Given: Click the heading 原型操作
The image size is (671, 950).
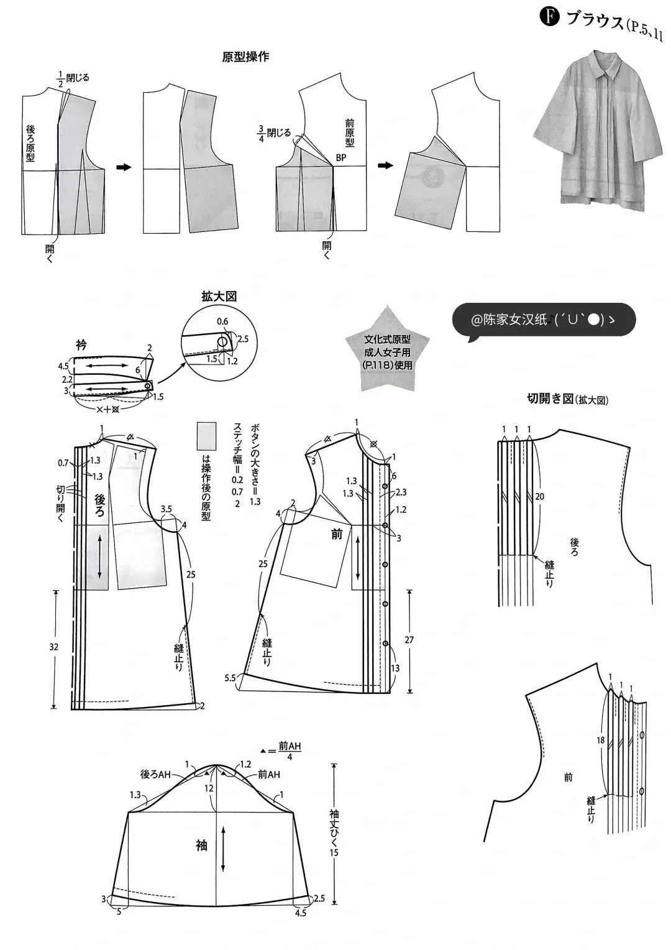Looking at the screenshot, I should click(245, 57).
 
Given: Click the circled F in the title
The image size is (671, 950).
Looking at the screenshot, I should click(550, 17).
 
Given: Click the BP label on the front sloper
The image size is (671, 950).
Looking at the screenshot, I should click(340, 158).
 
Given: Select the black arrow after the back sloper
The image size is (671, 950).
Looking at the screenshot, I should click(124, 167).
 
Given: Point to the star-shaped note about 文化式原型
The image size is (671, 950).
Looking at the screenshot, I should click(387, 352).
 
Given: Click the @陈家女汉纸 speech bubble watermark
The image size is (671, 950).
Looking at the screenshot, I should click(544, 320).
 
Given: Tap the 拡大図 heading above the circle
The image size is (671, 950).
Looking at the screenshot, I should click(219, 297).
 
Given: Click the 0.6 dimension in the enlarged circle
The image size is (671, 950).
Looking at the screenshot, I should click(222, 321).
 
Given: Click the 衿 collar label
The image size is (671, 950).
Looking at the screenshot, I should click(81, 344).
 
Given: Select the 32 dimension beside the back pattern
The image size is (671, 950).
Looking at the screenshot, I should click(54, 647).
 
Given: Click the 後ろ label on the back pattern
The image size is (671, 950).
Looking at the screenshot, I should click(100, 504).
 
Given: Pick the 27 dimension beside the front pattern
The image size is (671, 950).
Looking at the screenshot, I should click(409, 639).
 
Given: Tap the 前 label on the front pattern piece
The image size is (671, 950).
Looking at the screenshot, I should click(337, 533).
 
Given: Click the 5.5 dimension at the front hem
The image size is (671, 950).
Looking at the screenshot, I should click(230, 678).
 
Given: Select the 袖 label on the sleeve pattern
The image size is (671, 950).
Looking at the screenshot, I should click(201, 845).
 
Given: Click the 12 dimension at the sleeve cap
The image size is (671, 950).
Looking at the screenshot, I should click(209, 788).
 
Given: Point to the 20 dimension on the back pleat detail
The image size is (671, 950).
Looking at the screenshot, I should click(539, 496).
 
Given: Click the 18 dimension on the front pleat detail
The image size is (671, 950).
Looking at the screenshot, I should click(600, 740).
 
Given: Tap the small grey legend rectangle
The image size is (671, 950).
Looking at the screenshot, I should click(206, 436).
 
